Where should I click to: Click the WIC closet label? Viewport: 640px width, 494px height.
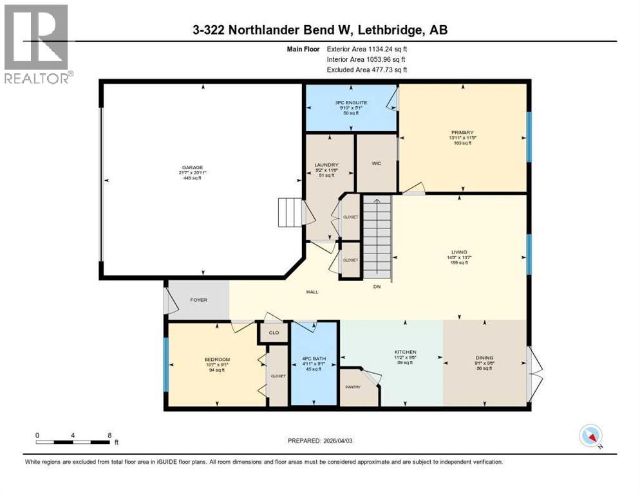coord(377,163)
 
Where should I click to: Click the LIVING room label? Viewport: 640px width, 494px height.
coord(459,252)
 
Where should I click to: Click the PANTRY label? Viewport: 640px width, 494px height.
coord(353,387)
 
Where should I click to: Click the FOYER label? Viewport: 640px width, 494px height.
coord(199,300)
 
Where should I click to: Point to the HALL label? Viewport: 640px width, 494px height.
coord(312,292)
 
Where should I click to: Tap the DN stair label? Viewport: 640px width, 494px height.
coord(377,287)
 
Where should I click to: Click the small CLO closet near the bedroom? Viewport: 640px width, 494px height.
coord(273,333)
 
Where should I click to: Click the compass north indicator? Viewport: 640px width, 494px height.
coord(590,436)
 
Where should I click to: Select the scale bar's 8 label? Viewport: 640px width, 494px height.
coord(109,435)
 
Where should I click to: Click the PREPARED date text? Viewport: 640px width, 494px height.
coord(321,441)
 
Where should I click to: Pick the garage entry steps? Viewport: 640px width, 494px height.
coord(290,212)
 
